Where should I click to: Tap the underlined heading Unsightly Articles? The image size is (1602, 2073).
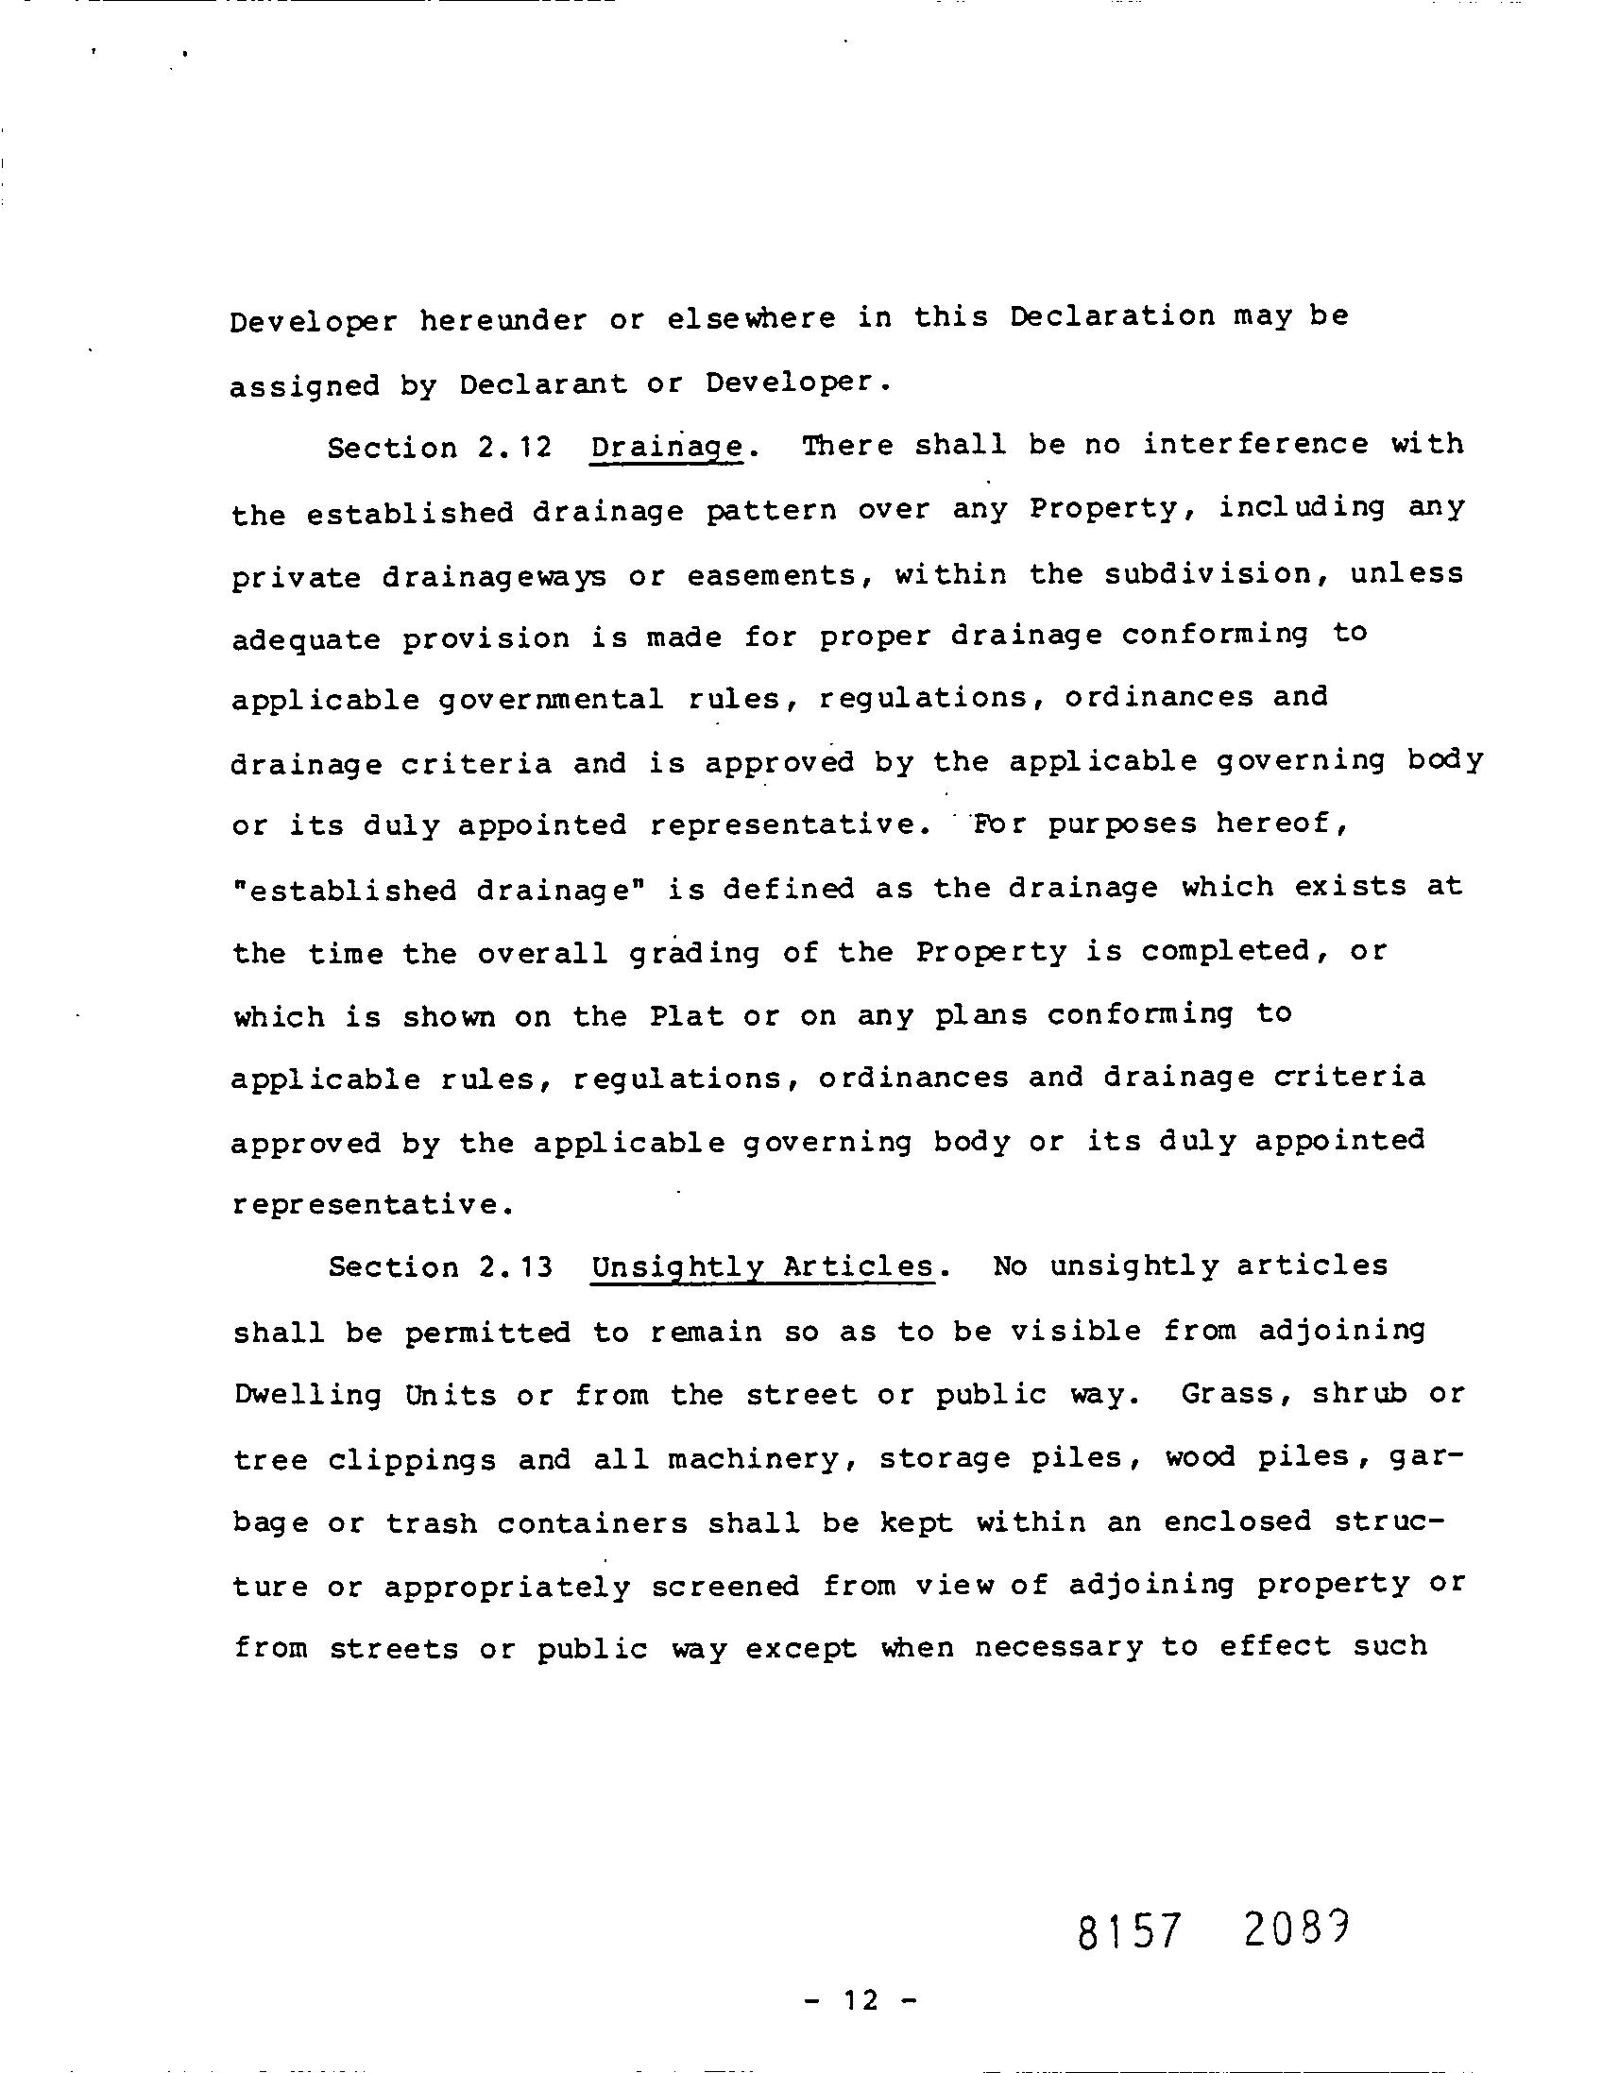pyautogui.click(x=762, y=1268)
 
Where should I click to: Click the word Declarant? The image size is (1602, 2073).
pyautogui.click(x=544, y=384)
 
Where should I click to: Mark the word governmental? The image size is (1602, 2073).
pyautogui.click(x=553, y=701)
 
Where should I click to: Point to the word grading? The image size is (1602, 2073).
pyautogui.click(x=694, y=953)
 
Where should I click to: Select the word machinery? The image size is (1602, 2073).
pyautogui.click(x=754, y=1460)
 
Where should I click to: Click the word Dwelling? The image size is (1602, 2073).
pyautogui.click(x=308, y=1396)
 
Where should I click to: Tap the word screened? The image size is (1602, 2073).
pyautogui.click(x=725, y=1586)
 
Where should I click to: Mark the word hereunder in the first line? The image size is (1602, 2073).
pyautogui.click(x=504, y=321)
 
